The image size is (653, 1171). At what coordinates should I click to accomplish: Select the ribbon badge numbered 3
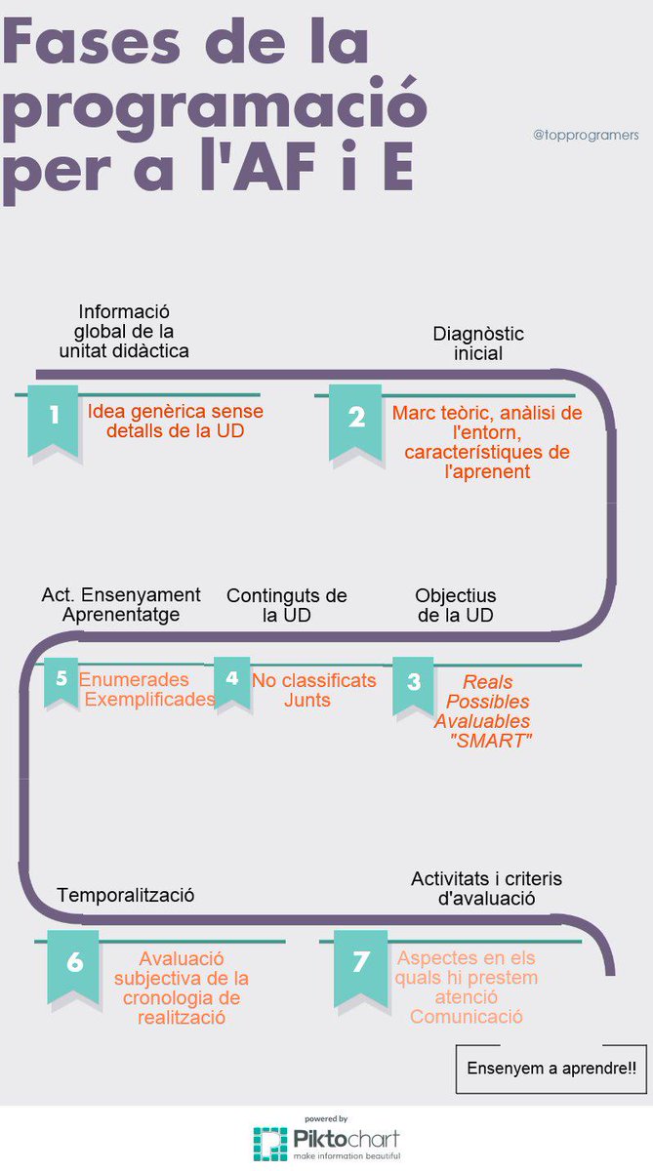[413, 685]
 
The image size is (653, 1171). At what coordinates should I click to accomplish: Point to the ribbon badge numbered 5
[61, 682]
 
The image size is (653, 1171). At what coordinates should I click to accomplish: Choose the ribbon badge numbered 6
[73, 968]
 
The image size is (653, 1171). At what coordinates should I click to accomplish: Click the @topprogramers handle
[586, 135]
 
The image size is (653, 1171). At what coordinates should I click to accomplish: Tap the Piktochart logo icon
[270, 1144]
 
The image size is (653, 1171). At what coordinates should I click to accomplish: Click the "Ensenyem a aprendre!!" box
[551, 1069]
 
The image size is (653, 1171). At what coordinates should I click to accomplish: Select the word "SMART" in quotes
[491, 741]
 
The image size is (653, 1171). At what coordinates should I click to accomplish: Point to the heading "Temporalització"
[126, 895]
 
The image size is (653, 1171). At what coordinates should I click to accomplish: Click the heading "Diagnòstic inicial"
[478, 343]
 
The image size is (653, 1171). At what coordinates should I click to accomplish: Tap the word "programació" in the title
[215, 109]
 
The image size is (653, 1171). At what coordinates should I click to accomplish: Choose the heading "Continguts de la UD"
[287, 605]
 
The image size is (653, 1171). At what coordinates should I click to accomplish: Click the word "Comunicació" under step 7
[467, 1016]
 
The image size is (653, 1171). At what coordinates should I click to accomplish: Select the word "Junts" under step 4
[306, 700]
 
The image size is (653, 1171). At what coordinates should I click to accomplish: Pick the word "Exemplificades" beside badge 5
[149, 699]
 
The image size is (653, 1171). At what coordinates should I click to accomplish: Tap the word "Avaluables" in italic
[482, 721]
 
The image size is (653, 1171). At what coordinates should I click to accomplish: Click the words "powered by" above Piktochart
[326, 1118]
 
